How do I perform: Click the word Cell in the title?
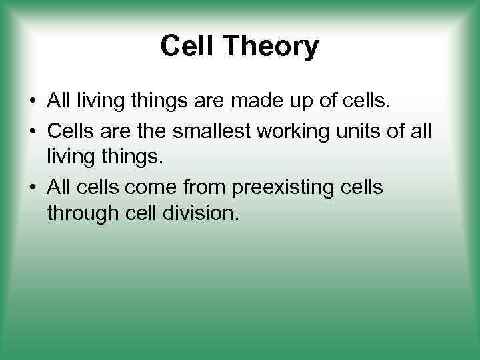pos(186,47)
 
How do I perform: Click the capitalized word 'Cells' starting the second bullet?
pos(69,129)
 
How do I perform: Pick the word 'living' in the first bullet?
pos(99,101)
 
